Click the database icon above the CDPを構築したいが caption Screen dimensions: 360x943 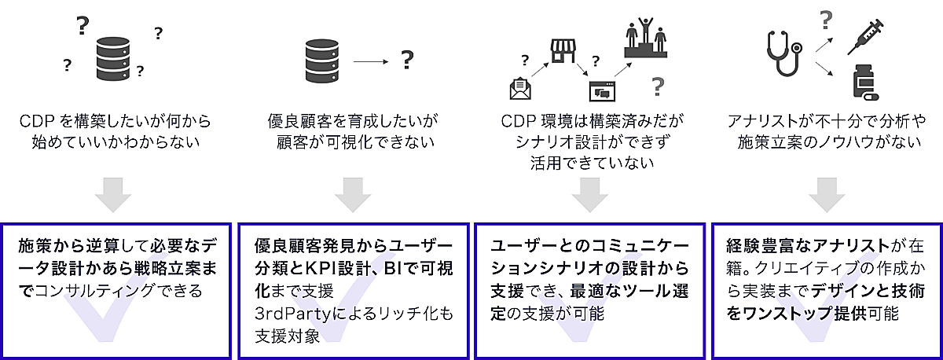(x=112, y=57)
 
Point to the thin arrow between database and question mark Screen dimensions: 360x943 (x=372, y=60)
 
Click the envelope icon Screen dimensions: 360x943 (x=520, y=89)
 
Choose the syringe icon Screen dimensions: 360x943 (x=866, y=37)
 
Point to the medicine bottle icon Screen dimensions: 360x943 (x=865, y=83)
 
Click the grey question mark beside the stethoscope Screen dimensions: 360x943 (x=825, y=19)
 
